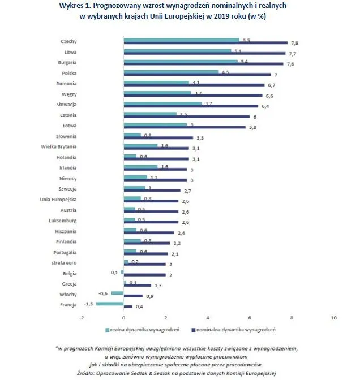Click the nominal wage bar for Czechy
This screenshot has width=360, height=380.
[x=205, y=42]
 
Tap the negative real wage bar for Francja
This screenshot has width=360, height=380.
[x=110, y=304]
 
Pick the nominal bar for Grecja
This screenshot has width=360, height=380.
[x=138, y=285]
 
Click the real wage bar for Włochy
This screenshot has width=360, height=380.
[x=117, y=293]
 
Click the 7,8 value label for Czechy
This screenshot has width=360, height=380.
[x=294, y=43]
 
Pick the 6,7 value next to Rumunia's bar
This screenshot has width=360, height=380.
[x=271, y=85]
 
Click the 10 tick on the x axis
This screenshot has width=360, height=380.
[x=333, y=317]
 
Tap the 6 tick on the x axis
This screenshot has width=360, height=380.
[x=250, y=317]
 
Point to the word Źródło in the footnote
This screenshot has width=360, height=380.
[x=85, y=373]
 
